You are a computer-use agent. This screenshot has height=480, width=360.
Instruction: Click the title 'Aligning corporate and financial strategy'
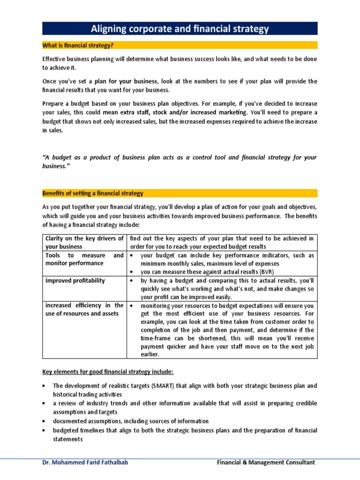click(180, 29)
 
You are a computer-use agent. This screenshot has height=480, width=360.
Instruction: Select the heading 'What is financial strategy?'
click(78, 45)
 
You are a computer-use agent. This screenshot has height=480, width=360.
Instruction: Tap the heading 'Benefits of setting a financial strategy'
click(93, 193)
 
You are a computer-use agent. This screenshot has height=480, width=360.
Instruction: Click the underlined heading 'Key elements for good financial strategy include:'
click(108, 372)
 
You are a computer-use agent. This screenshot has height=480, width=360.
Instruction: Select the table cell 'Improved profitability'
click(75, 281)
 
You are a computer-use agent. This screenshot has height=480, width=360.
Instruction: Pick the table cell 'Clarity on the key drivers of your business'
click(84, 242)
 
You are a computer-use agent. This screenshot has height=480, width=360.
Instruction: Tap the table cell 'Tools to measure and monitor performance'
click(84, 259)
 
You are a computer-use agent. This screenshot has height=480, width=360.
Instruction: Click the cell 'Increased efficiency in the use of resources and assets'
click(84, 310)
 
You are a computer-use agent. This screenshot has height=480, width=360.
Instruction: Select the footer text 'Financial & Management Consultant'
click(266, 463)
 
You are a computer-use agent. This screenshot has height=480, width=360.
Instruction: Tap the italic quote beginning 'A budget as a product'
click(180, 162)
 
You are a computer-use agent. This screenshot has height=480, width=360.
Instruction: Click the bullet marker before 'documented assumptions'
click(44, 421)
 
